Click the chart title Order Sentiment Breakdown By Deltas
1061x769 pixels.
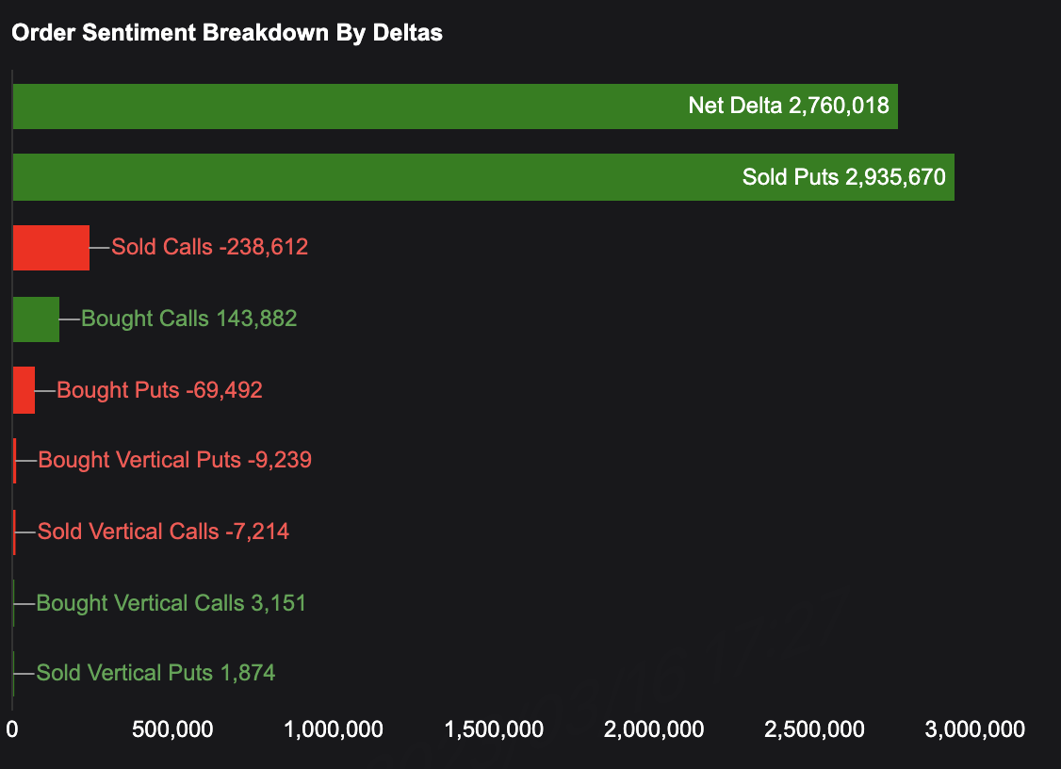tap(227, 33)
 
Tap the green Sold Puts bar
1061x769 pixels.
tap(377, 177)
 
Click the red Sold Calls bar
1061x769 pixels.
tap(51, 248)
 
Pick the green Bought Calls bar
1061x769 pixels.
tap(36, 319)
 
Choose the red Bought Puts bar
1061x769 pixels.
tap(24, 390)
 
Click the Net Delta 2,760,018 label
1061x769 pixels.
tap(789, 106)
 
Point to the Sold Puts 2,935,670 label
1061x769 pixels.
tap(843, 176)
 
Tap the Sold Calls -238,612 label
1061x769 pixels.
tap(210, 248)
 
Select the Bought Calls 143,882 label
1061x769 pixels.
tap(189, 319)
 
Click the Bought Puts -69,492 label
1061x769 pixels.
tap(160, 390)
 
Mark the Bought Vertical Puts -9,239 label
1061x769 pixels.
tap(175, 461)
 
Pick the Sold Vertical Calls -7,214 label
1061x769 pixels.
tap(164, 532)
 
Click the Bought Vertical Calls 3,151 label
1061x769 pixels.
tap(171, 603)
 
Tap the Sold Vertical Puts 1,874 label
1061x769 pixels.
tap(156, 673)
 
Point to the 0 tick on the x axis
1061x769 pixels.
tap(12, 729)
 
